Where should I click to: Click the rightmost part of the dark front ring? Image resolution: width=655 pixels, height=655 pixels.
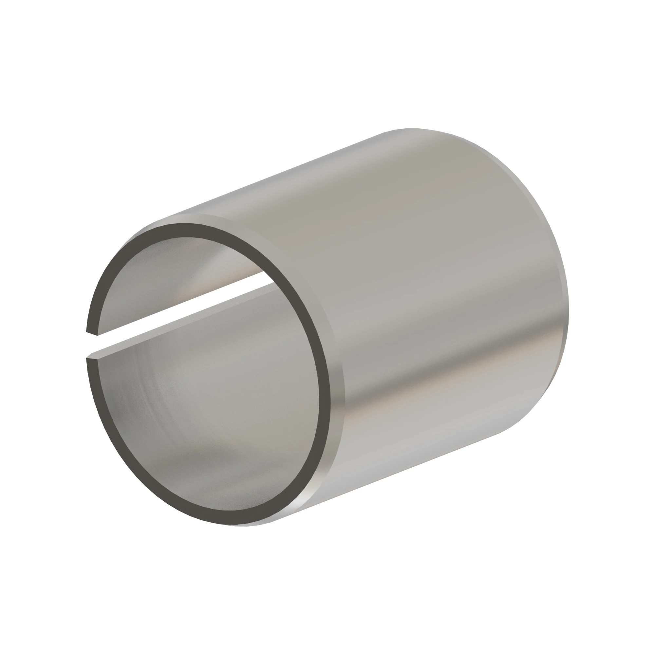tap(325, 400)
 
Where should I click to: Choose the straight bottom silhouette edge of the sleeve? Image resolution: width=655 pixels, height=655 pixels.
tap(390, 475)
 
